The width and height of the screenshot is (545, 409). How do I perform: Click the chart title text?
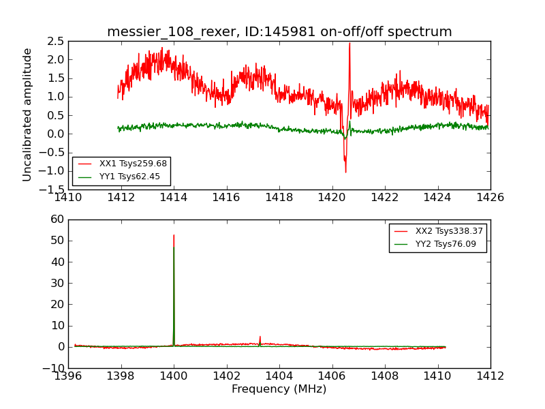[x=279, y=32]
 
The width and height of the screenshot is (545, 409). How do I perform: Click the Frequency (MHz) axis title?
[x=279, y=389]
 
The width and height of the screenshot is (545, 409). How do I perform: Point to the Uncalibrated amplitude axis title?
[x=28, y=115]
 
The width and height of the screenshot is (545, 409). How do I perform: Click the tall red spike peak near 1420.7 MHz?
[x=349, y=44]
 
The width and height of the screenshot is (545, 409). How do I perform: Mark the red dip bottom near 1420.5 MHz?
[x=345, y=172]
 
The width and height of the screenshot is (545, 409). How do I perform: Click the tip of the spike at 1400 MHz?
[x=174, y=235]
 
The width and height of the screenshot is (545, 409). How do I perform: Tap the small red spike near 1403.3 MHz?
[x=260, y=336]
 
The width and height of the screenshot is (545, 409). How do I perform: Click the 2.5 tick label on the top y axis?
[x=56, y=41]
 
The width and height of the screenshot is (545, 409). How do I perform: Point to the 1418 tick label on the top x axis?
[x=279, y=198]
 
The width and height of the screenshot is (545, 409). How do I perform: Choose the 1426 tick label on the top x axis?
[x=490, y=198]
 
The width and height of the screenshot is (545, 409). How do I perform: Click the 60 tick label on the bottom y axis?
[x=57, y=219]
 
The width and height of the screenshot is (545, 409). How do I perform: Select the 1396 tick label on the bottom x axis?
[x=68, y=376]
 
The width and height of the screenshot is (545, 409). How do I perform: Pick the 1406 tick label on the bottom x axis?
[x=332, y=376]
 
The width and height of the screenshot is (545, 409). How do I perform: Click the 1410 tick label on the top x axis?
[x=68, y=198]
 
